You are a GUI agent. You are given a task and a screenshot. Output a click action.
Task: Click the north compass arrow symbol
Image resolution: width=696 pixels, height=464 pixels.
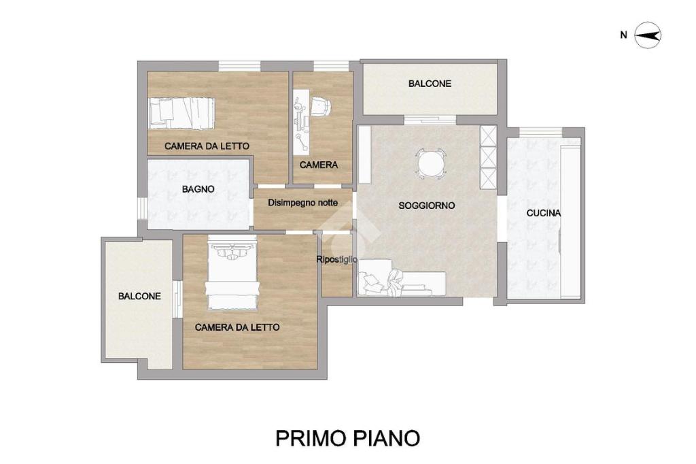pos(648,35)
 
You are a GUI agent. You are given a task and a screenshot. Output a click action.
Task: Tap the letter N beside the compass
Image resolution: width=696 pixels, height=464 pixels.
pos(624,35)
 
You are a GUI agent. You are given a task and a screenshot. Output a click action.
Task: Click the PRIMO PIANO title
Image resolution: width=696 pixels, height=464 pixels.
pos(347,437)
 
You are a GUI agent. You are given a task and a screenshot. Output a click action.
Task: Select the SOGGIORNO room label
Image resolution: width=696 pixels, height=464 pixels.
pos(427,205)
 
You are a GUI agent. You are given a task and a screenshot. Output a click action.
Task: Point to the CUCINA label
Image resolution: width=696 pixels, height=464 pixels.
pos(544,214)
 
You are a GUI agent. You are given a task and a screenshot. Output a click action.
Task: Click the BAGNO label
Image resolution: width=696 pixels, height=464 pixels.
pos(198,189)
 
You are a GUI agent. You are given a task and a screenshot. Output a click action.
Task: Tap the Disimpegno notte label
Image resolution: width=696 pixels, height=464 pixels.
pos(302,203)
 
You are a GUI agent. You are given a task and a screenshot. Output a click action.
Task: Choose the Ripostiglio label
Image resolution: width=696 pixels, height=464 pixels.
pos(336,260)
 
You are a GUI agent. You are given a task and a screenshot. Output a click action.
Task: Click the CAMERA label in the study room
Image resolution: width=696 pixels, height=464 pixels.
pos(319,165)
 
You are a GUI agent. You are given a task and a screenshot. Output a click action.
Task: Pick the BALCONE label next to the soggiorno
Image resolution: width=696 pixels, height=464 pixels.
pos(430,84)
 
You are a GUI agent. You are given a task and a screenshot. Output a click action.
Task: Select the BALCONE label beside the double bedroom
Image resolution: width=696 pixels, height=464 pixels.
pos(139,296)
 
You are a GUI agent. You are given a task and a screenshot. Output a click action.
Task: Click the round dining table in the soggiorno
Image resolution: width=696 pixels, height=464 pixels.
pos(430,163)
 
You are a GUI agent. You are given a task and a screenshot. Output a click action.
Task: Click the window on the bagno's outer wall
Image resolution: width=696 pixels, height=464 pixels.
pos(141,208)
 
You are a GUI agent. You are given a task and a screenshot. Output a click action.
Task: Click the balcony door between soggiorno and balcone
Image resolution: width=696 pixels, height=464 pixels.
pos(430,120)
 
